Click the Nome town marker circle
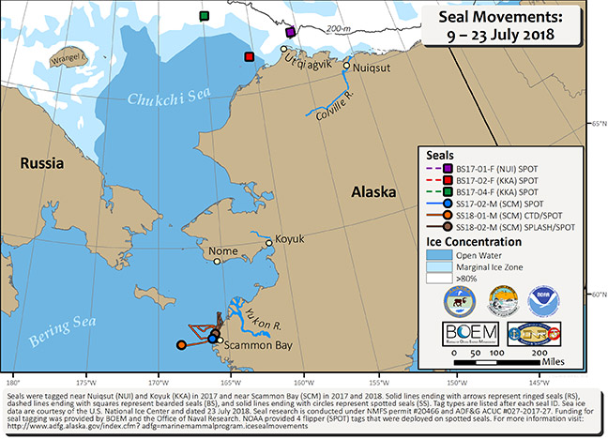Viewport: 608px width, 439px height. pos(217,262)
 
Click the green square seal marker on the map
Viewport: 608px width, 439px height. pos(204,16)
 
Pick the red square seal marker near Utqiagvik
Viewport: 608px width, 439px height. pos(249,57)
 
